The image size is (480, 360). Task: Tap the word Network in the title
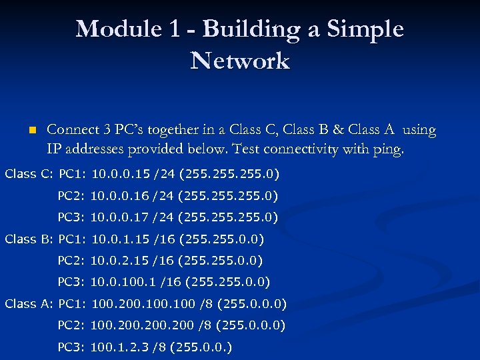click(240, 61)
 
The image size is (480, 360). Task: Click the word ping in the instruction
click(388, 149)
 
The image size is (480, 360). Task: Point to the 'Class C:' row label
click(29, 175)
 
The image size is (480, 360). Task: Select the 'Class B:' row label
click(29, 239)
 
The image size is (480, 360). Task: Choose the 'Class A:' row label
click(29, 304)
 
